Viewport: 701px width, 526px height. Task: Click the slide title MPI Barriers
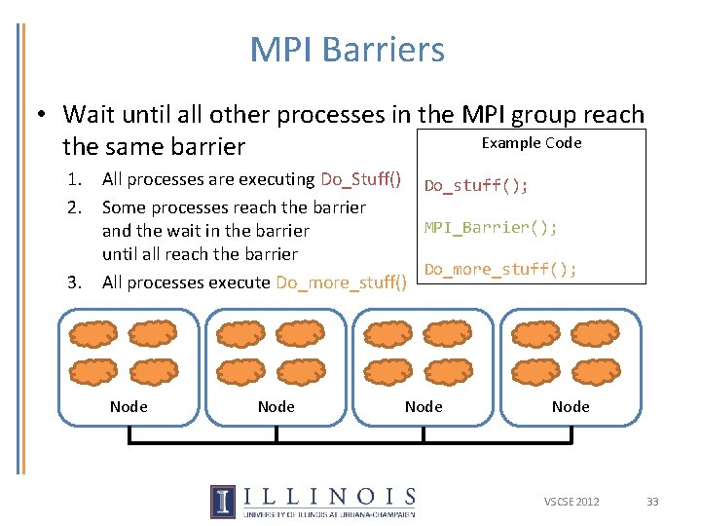(x=347, y=50)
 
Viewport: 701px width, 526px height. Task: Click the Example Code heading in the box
(x=532, y=143)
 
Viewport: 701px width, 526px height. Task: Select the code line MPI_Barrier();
(x=491, y=228)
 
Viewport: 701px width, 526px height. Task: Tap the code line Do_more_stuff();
(x=500, y=269)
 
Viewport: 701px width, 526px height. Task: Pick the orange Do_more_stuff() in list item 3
(x=342, y=282)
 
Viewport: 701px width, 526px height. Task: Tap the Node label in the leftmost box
(x=129, y=406)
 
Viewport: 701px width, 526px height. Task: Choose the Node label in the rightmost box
(x=571, y=406)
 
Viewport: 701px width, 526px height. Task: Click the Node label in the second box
(x=276, y=406)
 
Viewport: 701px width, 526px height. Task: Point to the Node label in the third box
(x=424, y=406)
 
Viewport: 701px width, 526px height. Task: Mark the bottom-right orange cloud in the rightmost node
(x=597, y=371)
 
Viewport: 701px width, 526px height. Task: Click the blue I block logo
(x=222, y=501)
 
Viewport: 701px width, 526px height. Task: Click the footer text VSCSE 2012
(x=572, y=502)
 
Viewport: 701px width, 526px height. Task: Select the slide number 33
(x=652, y=502)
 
